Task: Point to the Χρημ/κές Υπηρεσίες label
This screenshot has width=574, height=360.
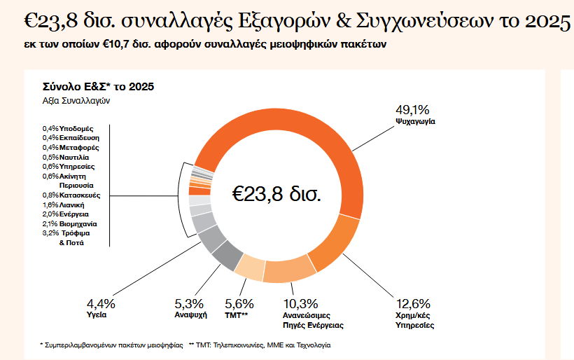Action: pos(415,321)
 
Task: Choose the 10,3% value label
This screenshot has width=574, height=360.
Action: pos(300,304)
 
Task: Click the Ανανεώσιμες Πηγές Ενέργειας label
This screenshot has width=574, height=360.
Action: pos(313,321)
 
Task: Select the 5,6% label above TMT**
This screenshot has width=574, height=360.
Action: pos(239,304)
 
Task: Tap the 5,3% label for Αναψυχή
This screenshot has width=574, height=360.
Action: pos(189,304)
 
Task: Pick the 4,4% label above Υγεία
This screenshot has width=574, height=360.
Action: pos(101,304)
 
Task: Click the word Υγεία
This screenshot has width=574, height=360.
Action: pos(97,316)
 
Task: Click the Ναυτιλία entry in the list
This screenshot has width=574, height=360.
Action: pos(75,157)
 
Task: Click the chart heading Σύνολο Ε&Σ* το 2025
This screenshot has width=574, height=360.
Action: pos(98,87)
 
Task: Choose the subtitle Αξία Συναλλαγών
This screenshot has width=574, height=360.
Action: pos(76,100)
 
